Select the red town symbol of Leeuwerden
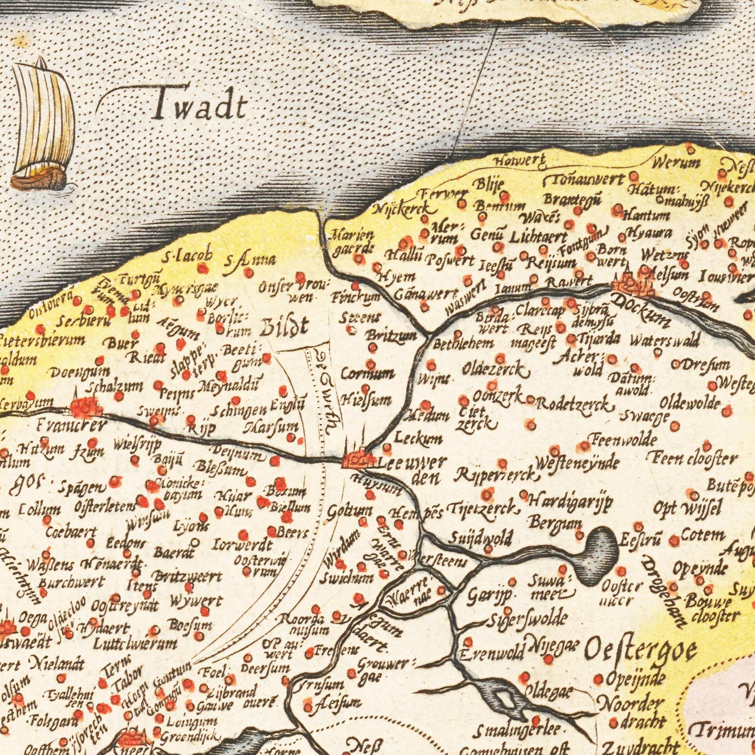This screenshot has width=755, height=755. pos(359,460)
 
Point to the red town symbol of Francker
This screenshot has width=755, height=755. pos(87,406)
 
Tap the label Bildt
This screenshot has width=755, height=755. pos(283,328)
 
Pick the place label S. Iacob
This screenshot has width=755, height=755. pos(187,257)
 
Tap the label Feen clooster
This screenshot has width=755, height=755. pos(693,459)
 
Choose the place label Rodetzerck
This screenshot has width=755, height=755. pos(574,404)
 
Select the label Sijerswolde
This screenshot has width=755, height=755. pos(527,619)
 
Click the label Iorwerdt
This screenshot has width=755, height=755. pos(242,545)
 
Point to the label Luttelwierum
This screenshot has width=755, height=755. pos(135,644)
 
